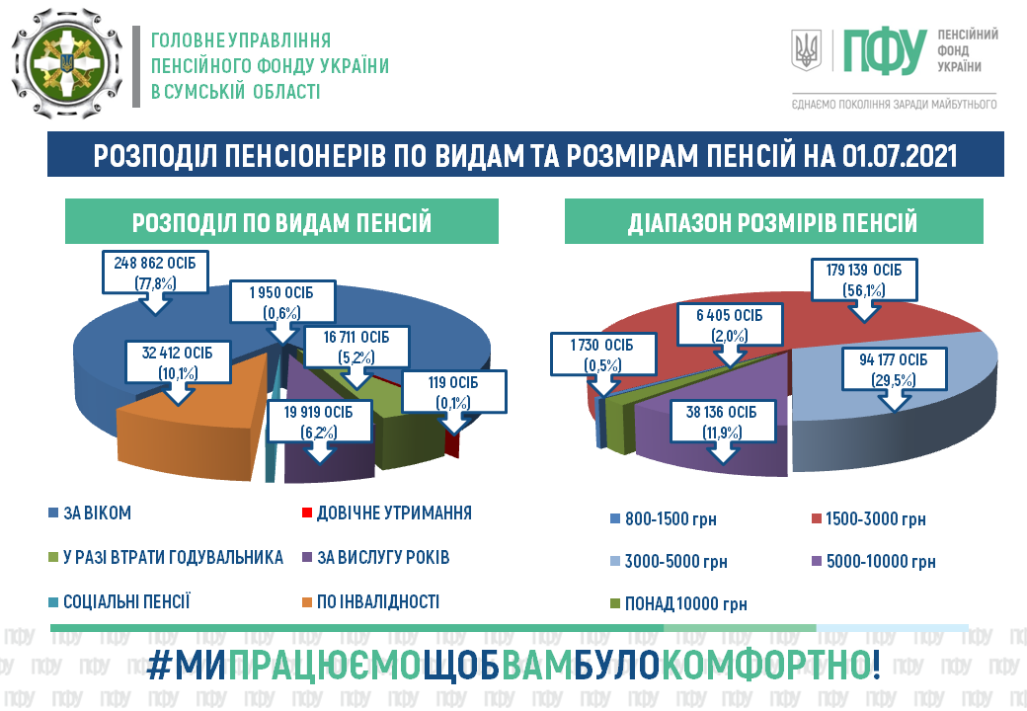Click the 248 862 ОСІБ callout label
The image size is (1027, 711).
click(x=155, y=273)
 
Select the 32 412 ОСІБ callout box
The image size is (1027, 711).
click(x=178, y=362)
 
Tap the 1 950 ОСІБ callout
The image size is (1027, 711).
click(x=282, y=302)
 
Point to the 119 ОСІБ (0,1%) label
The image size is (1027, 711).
click(x=453, y=391)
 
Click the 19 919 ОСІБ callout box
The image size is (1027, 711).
click(x=319, y=422)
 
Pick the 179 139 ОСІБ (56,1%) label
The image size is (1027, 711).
click(x=864, y=279)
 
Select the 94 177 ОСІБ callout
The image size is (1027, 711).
click(x=894, y=369)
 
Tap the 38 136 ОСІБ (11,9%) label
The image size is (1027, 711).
click(x=721, y=422)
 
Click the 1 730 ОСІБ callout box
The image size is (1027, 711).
click(x=602, y=355)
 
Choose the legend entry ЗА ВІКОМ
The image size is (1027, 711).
click(x=90, y=513)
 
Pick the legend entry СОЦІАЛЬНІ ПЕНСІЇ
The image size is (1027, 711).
click(x=119, y=601)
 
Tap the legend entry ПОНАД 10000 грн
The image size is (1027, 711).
click(x=678, y=603)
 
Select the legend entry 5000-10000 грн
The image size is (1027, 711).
click(x=874, y=562)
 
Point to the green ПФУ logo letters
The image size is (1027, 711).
click(x=884, y=51)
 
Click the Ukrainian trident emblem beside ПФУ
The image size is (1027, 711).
click(x=806, y=50)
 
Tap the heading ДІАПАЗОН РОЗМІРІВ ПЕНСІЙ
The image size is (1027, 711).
click(x=773, y=222)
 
